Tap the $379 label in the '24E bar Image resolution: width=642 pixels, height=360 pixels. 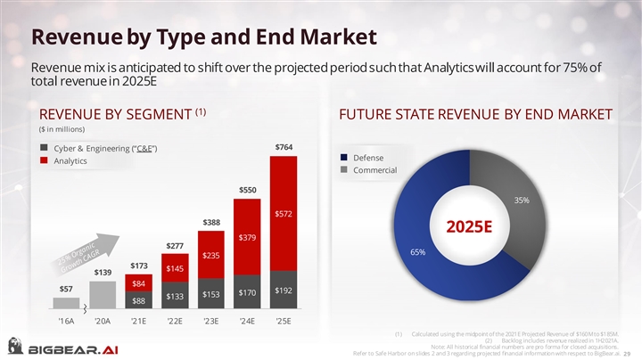click(x=248, y=237)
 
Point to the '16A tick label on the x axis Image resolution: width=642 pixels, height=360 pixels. click(x=66, y=321)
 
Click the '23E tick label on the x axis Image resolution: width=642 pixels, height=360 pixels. click(x=210, y=321)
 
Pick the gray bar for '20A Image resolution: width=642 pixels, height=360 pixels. click(x=103, y=293)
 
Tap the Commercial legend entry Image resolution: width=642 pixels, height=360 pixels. click(x=374, y=170)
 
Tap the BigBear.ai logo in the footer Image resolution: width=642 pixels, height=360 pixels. click(x=61, y=347)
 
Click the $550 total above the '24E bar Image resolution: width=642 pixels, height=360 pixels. click(x=247, y=189)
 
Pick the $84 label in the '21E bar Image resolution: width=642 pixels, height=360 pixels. click(x=138, y=283)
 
